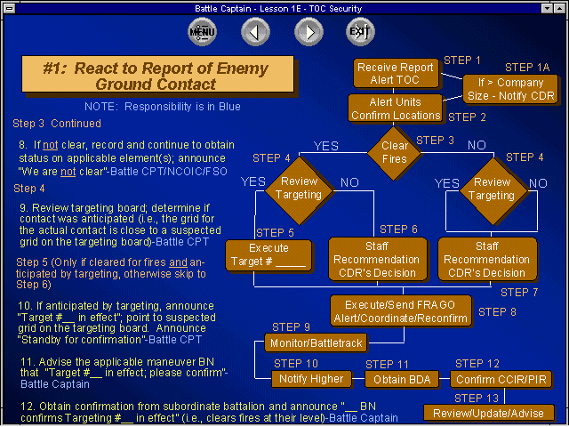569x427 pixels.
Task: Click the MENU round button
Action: coord(202,32)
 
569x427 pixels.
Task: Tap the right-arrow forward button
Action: coord(309,32)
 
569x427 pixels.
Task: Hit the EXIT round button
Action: coord(360,32)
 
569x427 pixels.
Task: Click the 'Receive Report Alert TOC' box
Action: coord(396,73)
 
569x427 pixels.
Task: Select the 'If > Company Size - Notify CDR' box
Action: coord(510,89)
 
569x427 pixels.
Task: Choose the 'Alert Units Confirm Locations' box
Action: coord(395,108)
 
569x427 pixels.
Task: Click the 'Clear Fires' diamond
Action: coord(394,152)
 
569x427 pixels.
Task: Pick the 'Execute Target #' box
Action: coord(268,255)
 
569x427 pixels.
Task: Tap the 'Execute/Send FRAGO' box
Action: coord(401,311)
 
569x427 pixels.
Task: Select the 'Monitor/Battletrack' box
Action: coord(317,343)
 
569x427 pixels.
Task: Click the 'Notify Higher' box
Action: coord(311,379)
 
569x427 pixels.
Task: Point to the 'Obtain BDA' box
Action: coord(402,380)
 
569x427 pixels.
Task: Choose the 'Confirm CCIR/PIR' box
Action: coord(501,380)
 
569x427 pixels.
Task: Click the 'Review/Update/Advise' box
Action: coord(488,413)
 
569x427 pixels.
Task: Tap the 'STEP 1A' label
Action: coord(527,68)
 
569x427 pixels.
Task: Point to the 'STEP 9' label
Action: coord(291,327)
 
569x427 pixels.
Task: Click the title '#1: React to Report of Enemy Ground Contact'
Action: coord(157,74)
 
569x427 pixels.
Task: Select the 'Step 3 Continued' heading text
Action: coord(57,124)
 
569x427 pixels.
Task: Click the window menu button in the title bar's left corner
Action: coord(9,8)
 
